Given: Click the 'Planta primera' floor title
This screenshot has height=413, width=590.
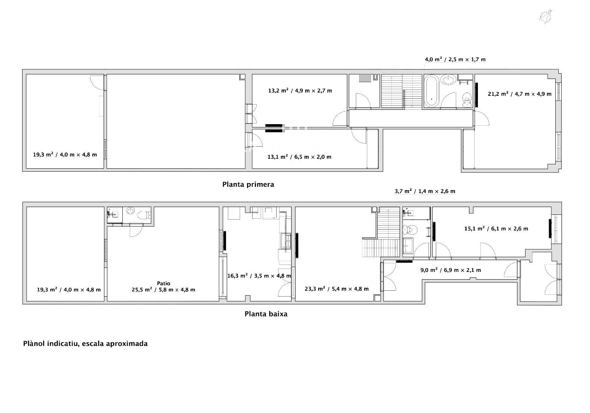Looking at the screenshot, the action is pos(248,185).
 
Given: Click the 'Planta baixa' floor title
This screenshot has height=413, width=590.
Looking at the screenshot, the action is pos(266,314).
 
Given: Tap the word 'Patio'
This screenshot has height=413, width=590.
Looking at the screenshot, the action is pos(164,283).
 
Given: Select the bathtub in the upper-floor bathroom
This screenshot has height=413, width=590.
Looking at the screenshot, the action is pos(431,91).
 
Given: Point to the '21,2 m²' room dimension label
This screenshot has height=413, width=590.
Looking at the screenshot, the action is pos(520,94).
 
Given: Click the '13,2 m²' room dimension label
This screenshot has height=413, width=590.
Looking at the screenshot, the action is pos(300,91).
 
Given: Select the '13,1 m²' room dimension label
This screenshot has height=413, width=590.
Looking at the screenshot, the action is pos(299,157).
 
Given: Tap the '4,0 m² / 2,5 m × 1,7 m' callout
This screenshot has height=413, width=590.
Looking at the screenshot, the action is pos(455,59).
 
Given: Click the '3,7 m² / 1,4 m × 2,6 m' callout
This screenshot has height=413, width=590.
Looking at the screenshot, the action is pos(425,191).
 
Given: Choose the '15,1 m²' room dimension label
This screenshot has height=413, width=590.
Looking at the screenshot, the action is pos(496,229).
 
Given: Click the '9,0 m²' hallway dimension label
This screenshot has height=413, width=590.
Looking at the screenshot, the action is pos(451,270).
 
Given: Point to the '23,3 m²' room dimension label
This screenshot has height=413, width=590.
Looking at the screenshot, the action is pos(337,289).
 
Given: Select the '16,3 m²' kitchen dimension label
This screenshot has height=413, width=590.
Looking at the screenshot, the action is pos(259,276).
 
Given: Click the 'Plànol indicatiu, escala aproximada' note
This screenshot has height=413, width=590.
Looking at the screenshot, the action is pos(85,344).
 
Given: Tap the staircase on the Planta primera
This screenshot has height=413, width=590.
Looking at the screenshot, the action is pos(402,91).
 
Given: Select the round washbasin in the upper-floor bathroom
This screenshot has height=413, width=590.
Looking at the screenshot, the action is pos(448,80).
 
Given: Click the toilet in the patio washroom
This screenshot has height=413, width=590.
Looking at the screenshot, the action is pos(143,215).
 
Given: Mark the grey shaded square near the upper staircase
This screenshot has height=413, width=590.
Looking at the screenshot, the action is pos(365,78).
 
